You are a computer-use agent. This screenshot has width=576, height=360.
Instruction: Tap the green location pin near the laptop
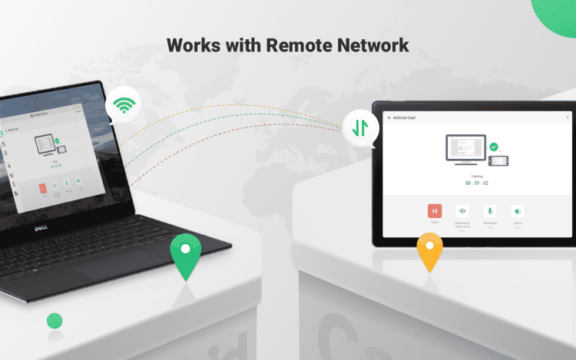pyautogui.click(x=184, y=254)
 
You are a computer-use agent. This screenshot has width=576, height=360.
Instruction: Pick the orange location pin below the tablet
pyautogui.click(x=429, y=250)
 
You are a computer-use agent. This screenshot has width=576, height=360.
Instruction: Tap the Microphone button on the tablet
pyautogui.click(x=489, y=210)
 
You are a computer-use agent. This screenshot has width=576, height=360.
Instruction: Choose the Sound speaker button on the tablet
pyautogui.click(x=518, y=210)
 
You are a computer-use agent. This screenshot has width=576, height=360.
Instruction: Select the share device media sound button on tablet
pyautogui.click(x=462, y=210)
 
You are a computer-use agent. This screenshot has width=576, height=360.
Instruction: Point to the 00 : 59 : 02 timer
pyautogui.click(x=477, y=183)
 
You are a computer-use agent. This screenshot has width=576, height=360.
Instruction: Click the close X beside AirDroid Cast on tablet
pyautogui.click(x=389, y=117)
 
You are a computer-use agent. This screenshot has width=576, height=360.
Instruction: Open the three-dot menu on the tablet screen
pyautogui.click(x=568, y=117)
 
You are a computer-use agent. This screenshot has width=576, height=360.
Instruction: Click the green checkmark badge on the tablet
pyautogui.click(x=494, y=146)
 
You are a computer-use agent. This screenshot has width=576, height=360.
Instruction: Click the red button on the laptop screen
pyautogui.click(x=43, y=187)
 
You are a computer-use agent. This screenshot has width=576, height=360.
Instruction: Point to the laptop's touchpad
pyautogui.click(x=91, y=269)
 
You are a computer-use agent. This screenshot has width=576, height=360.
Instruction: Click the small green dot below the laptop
pyautogui.click(x=55, y=320)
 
